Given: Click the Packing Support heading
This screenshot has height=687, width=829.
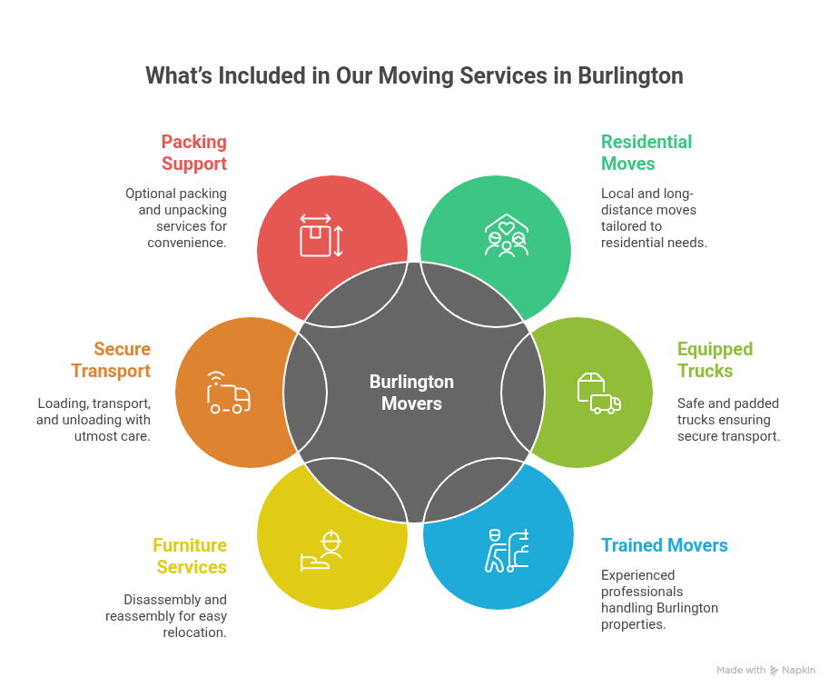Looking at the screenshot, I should pyautogui.click(x=193, y=153).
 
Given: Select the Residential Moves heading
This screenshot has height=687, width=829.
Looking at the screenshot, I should pyautogui.click(x=646, y=153).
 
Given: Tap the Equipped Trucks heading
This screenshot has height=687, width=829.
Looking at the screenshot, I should pyautogui.click(x=716, y=360).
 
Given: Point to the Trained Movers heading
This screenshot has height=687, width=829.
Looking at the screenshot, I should pyautogui.click(x=665, y=545).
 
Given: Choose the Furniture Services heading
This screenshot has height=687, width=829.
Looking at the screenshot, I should pyautogui.click(x=190, y=556).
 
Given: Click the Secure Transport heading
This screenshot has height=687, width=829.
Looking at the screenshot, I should pyautogui.click(x=122, y=360).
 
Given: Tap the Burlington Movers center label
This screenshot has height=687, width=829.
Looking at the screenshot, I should pyautogui.click(x=411, y=393).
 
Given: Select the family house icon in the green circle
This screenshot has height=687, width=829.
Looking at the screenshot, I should pyautogui.click(x=506, y=235).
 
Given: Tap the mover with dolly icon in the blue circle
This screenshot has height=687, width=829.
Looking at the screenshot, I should pyautogui.click(x=507, y=550).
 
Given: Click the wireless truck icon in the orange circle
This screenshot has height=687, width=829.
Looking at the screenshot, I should pyautogui.click(x=228, y=393).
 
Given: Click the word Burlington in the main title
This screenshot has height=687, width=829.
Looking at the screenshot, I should pyautogui.click(x=630, y=75).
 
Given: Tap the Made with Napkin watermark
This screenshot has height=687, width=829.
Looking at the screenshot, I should pyautogui.click(x=765, y=671).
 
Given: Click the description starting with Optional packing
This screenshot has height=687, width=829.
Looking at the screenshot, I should pyautogui.click(x=176, y=218).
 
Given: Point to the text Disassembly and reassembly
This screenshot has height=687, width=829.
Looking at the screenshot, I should pyautogui.click(x=175, y=616).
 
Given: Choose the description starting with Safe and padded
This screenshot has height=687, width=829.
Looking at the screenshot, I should pyautogui.click(x=728, y=420).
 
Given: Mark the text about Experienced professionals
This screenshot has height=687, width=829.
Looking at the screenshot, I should pyautogui.click(x=659, y=600).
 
